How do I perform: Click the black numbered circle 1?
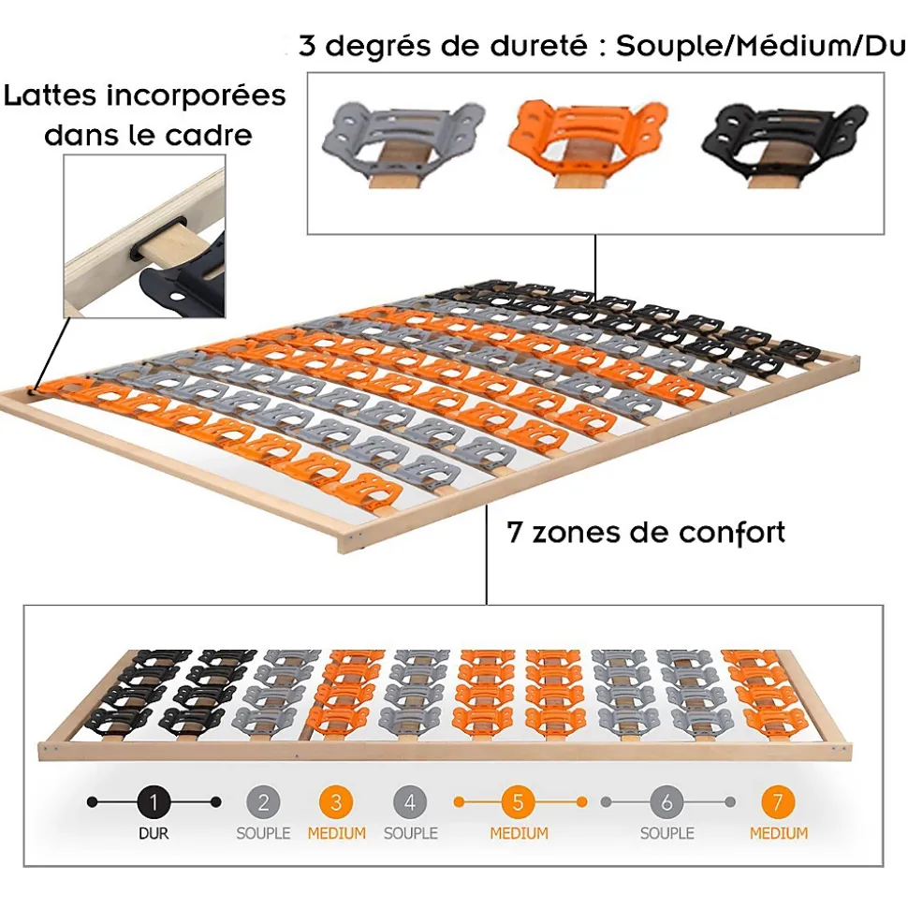154,802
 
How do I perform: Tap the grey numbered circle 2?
263,802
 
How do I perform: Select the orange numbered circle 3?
336,802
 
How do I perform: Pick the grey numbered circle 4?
410,802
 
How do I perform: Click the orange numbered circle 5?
519,802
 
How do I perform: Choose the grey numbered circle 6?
667,802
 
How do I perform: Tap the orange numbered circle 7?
778,802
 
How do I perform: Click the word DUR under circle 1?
154,833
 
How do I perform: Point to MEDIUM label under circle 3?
337,833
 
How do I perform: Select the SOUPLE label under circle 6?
667,833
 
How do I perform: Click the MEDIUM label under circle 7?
779,833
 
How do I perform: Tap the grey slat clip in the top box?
403,144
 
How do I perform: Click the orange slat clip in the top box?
588,144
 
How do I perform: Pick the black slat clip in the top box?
784,144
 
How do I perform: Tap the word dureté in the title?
539,46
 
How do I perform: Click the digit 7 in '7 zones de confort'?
514,533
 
